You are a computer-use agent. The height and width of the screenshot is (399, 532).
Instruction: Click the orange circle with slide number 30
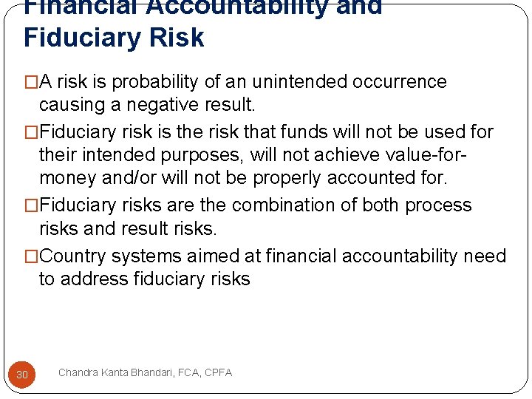pyautogui.click(x=22, y=375)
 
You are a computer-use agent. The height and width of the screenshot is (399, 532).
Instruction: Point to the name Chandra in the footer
pyautogui.click(x=79, y=372)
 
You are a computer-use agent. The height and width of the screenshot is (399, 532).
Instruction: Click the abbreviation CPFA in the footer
pyautogui.click(x=217, y=372)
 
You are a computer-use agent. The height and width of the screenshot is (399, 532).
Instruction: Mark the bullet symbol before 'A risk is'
pyautogui.click(x=31, y=81)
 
